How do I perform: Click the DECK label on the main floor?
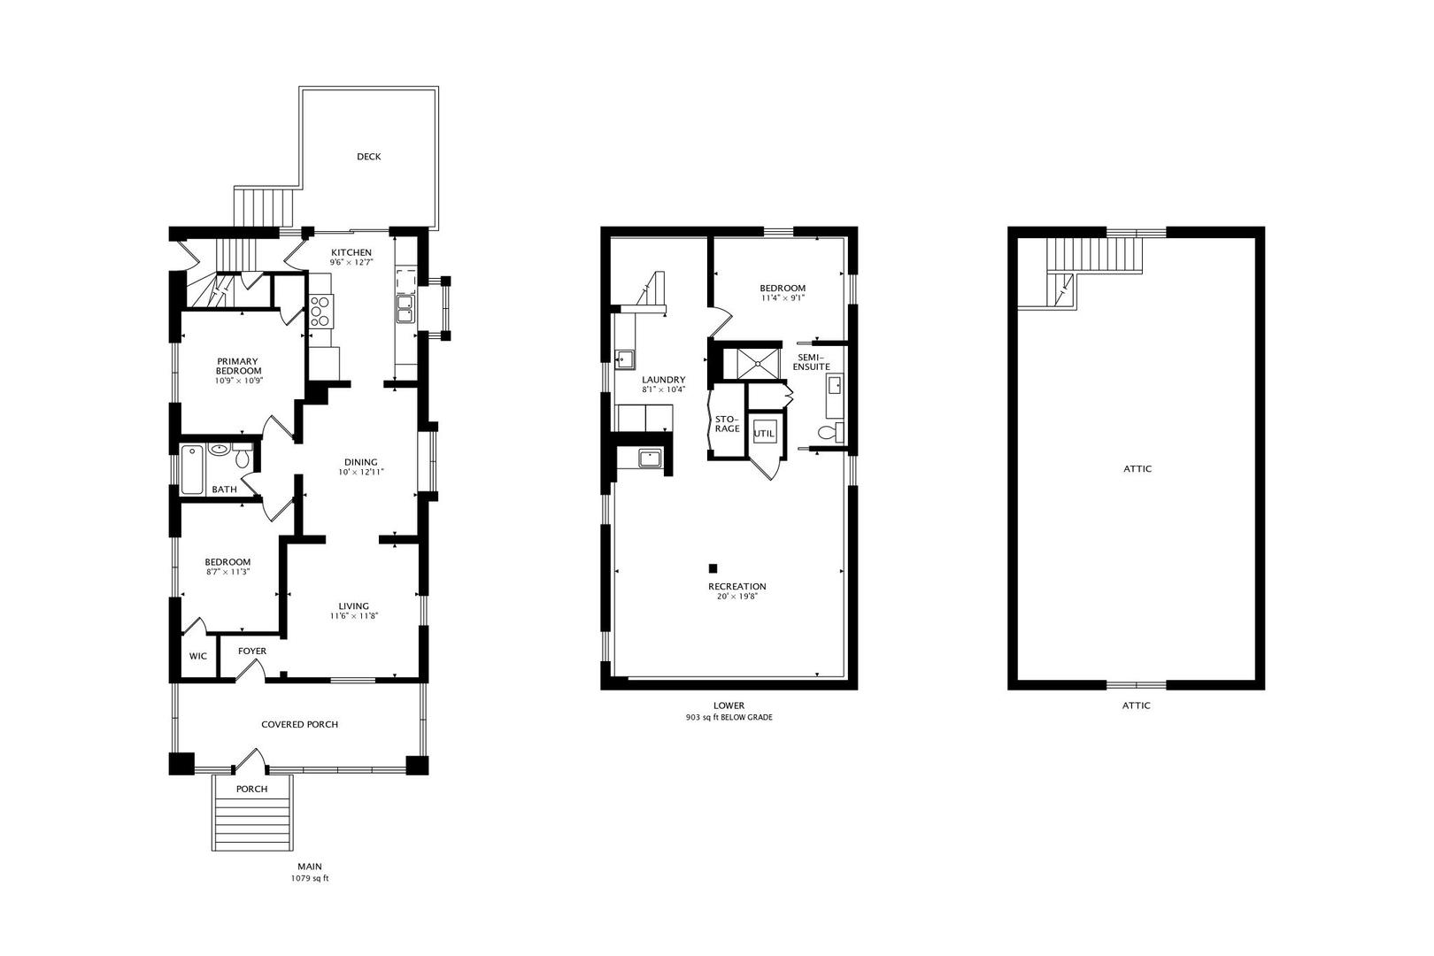click(x=369, y=157)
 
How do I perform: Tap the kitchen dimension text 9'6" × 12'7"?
click(x=351, y=262)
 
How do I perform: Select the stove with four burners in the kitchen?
click(x=320, y=311)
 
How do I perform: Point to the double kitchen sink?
click(x=405, y=309)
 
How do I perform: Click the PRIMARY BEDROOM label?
click(x=238, y=366)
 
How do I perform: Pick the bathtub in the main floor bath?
click(x=192, y=470)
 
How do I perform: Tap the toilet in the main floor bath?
click(x=242, y=456)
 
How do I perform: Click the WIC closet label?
click(x=197, y=656)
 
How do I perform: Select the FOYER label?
click(x=252, y=651)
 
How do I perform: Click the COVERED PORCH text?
click(x=299, y=724)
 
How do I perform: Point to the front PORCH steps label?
click(x=251, y=789)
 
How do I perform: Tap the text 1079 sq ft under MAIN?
click(x=310, y=878)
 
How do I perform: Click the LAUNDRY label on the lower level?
click(x=664, y=380)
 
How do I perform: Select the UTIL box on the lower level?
click(x=764, y=434)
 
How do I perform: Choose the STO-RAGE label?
click(x=728, y=424)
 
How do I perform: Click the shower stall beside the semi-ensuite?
click(x=759, y=364)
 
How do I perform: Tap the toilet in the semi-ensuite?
click(x=830, y=432)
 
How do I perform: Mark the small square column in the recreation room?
click(x=713, y=568)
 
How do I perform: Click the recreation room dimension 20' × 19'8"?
click(x=737, y=596)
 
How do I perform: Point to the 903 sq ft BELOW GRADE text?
click(x=729, y=717)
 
